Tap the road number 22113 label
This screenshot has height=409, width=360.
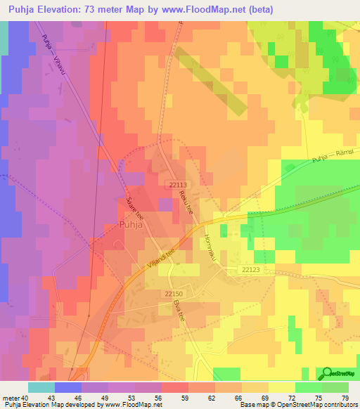coord(178,184)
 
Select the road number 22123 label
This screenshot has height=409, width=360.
coord(251,269)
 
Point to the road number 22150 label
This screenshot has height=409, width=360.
coord(173,293)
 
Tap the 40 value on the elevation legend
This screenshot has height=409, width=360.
coord(27,398)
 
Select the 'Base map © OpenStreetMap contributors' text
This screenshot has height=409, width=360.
coord(296,405)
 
